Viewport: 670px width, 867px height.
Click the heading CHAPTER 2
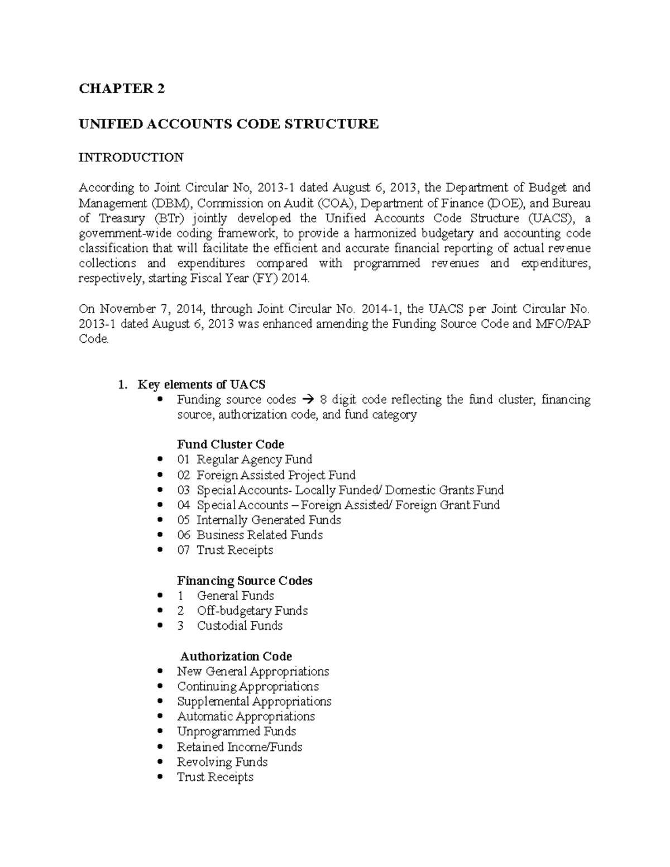point(122,89)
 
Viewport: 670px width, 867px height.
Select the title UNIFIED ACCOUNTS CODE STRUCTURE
point(228,124)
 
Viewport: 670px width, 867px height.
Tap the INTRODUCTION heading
point(131,157)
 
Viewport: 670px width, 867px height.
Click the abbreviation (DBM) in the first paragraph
point(170,203)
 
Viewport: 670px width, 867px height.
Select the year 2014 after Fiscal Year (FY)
point(295,279)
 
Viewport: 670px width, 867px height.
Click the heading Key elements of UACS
point(201,384)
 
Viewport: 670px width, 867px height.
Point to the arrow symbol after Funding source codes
point(308,400)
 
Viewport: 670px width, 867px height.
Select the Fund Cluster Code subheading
point(230,444)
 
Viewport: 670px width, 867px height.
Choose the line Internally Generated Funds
point(268,520)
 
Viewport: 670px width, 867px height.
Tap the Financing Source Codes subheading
point(245,581)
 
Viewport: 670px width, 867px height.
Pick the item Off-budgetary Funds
point(252,611)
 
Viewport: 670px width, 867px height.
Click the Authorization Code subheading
point(236,656)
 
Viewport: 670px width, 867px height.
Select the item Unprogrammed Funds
point(236,731)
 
